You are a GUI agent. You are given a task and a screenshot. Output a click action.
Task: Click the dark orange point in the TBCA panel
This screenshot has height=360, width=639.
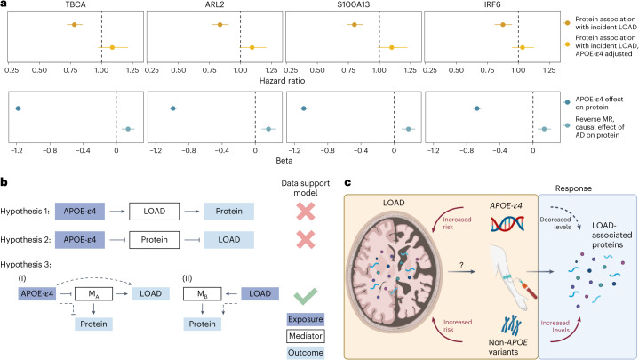(74, 25)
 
